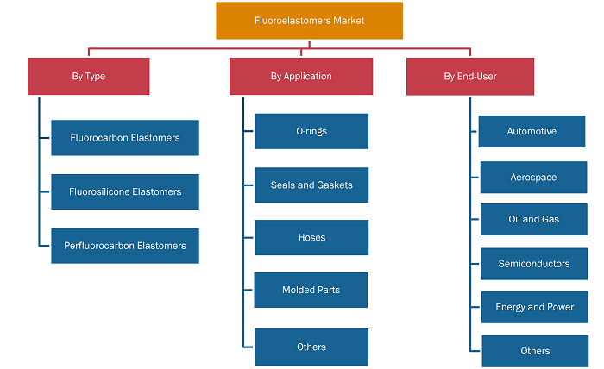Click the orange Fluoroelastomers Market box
[309, 21]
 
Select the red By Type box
[89, 76]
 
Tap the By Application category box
[301, 76]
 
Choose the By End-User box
[470, 77]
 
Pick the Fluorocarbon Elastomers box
[125, 138]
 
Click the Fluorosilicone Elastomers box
[125, 191]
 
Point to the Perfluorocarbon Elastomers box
[125, 246]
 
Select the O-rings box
[311, 131]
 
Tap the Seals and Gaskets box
[311, 185]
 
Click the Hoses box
[311, 237]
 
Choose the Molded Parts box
[311, 291]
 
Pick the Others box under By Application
[311, 347]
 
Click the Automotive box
[532, 131]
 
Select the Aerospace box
[533, 177]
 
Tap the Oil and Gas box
[534, 219]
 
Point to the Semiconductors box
[534, 264]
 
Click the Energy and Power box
[535, 307]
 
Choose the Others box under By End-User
[535, 351]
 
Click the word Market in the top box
[349, 21]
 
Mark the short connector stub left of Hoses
[249, 238]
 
